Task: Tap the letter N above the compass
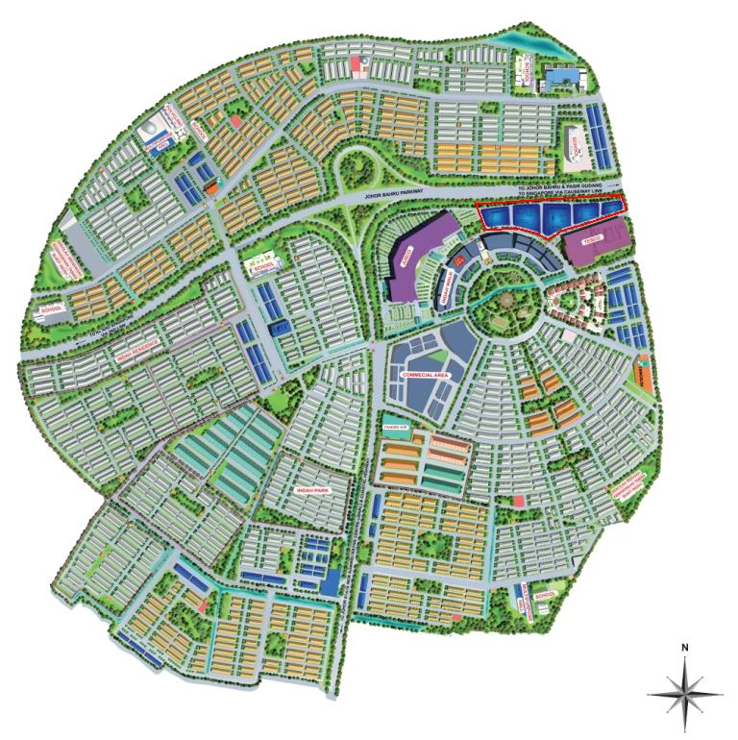point(685,647)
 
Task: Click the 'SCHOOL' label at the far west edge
point(49,309)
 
